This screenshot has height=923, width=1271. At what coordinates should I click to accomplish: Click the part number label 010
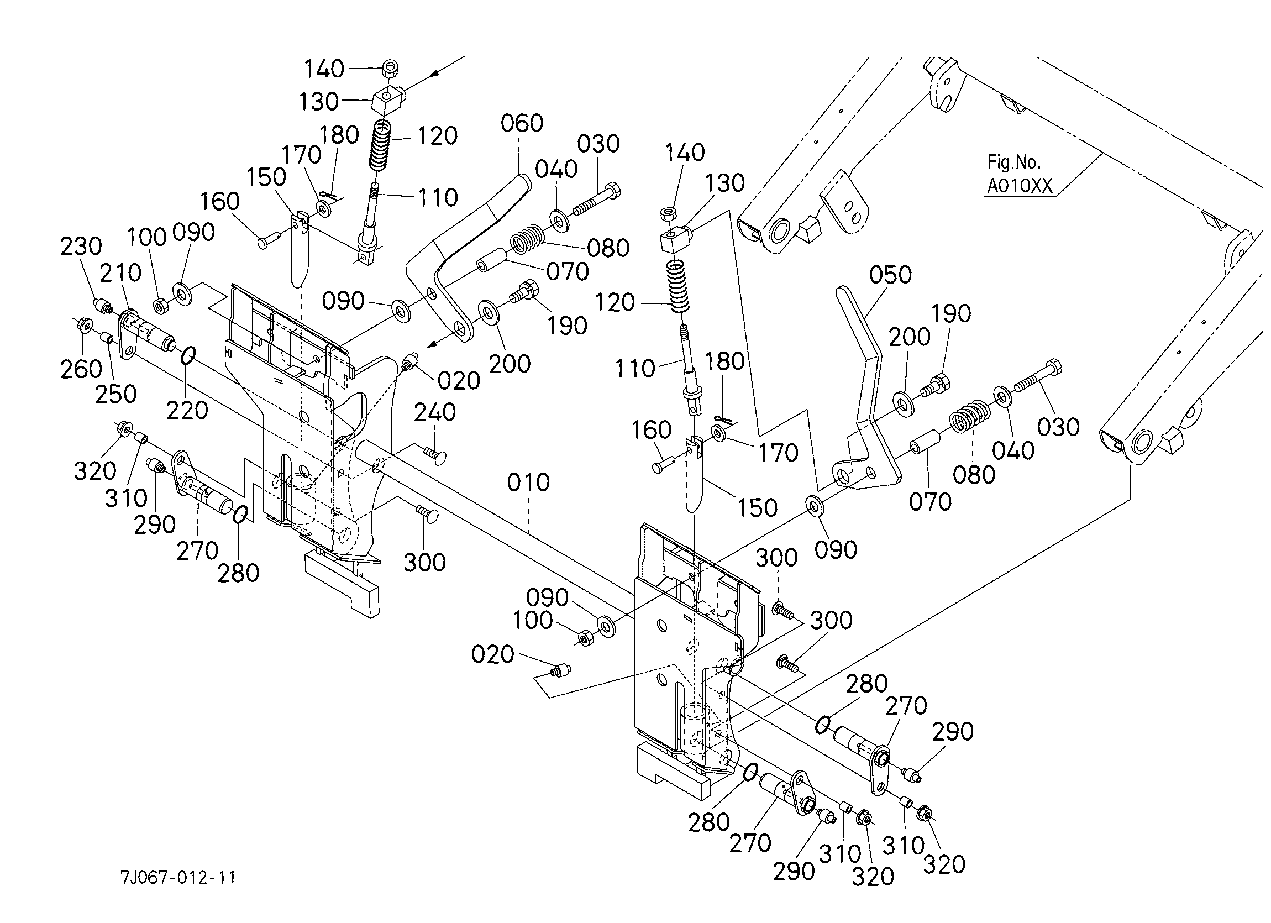528,483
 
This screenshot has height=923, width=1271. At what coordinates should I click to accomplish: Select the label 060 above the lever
522,123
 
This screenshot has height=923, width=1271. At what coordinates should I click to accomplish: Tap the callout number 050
890,275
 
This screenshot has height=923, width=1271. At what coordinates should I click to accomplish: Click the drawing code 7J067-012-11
178,878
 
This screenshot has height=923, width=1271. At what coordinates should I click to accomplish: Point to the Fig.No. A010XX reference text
1019,174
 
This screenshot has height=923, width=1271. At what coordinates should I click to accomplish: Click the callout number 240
435,412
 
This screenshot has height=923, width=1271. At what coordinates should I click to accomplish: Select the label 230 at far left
81,246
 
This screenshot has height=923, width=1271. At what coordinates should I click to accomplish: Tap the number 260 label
81,369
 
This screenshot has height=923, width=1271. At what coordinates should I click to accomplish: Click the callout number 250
115,394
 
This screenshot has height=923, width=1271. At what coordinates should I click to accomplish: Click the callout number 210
120,273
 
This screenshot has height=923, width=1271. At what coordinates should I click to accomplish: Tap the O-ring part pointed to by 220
188,355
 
